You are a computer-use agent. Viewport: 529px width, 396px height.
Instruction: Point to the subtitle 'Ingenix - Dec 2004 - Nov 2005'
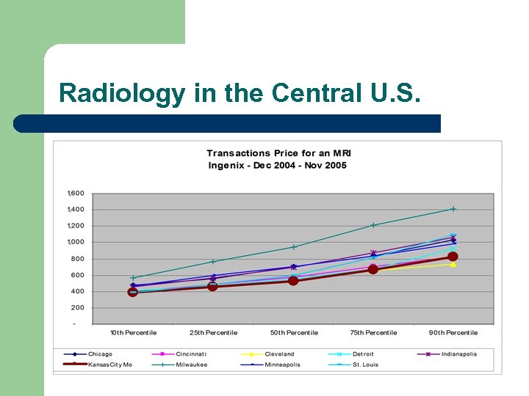coord(277,165)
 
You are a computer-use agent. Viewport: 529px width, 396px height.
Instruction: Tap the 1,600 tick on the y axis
coord(76,194)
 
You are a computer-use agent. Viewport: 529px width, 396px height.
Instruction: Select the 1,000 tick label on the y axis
coord(76,242)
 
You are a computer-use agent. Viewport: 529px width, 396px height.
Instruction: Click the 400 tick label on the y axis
coord(78,291)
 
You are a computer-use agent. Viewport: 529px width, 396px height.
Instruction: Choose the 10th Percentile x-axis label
coord(133,333)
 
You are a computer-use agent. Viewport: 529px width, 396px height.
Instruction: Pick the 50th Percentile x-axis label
coord(293,333)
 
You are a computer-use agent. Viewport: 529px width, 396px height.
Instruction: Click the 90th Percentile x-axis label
coord(453,333)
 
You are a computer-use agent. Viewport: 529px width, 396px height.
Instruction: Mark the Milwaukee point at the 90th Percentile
coord(453,209)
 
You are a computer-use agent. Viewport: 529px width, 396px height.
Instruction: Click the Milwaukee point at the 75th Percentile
coord(373,225)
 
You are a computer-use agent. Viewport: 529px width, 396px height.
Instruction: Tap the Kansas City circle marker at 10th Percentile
coord(133,292)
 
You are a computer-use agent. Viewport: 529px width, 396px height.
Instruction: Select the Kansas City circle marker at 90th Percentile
coord(453,257)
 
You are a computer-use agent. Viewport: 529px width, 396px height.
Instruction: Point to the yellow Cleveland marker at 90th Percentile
coord(453,264)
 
